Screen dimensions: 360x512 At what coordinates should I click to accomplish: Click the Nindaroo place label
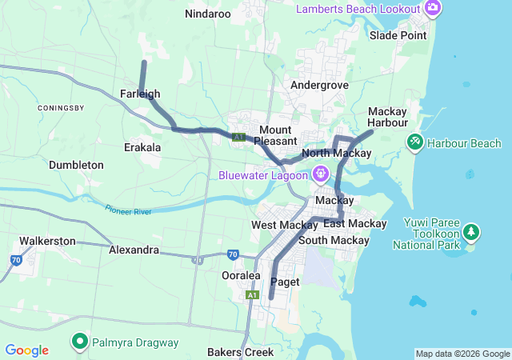[x=207, y=14]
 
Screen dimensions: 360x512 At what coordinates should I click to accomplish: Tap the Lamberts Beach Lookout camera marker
[x=433, y=8]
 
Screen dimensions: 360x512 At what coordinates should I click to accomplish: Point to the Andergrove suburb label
[x=319, y=85]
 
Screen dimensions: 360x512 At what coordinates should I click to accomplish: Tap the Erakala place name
[x=142, y=147]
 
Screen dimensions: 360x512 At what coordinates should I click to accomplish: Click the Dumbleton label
[x=76, y=165]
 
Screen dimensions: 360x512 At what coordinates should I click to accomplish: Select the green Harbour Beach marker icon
[x=414, y=143]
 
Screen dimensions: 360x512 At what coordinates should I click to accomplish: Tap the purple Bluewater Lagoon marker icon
[x=321, y=174]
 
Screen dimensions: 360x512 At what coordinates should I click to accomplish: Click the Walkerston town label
[x=47, y=240]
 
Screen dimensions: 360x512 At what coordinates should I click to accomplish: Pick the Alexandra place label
[x=134, y=250]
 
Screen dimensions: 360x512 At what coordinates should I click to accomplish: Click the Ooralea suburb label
[x=241, y=275]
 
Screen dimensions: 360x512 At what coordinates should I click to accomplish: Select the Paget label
[x=285, y=282]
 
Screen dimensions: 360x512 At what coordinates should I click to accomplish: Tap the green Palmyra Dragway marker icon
[x=80, y=342]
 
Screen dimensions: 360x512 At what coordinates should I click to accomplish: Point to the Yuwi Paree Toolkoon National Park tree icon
[x=472, y=233]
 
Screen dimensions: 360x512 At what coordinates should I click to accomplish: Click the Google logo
[x=26, y=350]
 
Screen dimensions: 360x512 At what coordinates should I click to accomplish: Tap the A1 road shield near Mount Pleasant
[x=238, y=138]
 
